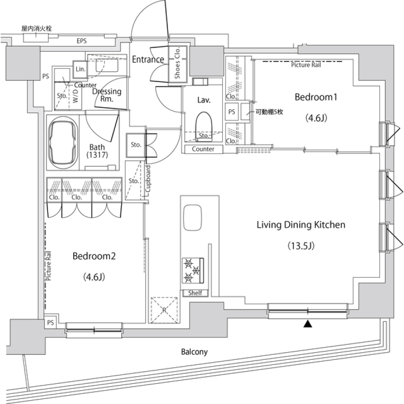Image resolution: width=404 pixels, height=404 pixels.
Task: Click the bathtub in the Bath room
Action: click(64, 143)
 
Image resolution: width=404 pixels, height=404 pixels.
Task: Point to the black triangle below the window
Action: click(308, 324)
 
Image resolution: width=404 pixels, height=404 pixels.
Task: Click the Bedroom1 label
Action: click(316, 97)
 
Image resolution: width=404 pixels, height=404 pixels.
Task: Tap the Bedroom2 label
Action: click(94, 256)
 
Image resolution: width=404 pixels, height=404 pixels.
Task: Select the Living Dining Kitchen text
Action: click(301, 225)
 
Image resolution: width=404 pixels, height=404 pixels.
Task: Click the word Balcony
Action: click(194, 352)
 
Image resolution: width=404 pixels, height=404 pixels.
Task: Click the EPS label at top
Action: click(82, 41)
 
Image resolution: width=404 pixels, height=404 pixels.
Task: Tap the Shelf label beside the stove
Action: click(195, 293)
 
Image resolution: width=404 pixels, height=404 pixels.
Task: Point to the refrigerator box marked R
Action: click(164, 310)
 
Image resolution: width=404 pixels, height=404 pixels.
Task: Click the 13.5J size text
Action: click(301, 245)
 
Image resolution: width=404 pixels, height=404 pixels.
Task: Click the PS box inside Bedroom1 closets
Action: click(232, 112)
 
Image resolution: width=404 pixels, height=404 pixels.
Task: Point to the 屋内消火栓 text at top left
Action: click(37, 29)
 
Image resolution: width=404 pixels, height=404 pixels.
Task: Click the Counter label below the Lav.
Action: click(203, 149)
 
